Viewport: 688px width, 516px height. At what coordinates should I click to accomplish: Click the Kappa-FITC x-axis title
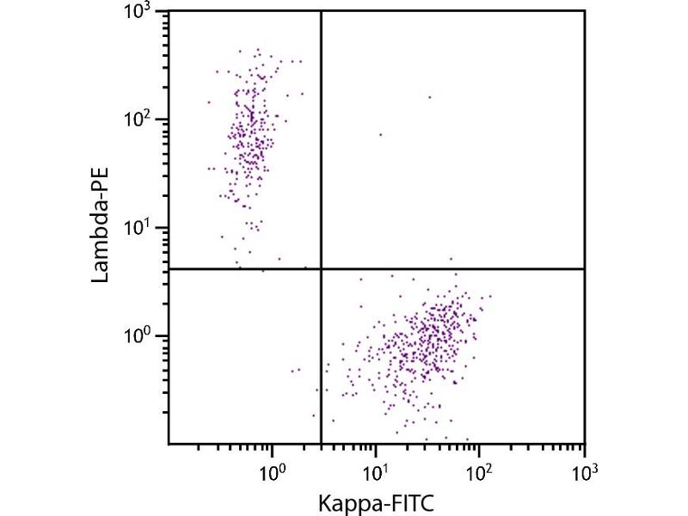point(375,501)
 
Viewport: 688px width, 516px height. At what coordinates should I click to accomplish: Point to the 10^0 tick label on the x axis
point(272,472)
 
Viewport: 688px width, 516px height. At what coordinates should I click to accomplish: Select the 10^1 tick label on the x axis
point(376,472)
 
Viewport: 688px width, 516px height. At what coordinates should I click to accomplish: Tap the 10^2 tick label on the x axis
point(479,472)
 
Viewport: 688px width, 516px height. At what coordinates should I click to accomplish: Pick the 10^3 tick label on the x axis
point(583,472)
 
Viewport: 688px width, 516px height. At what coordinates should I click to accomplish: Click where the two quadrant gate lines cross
point(321,269)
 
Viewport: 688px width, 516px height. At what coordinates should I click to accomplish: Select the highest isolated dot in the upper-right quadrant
point(429,97)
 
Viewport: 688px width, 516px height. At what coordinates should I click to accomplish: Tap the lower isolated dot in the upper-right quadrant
point(380,134)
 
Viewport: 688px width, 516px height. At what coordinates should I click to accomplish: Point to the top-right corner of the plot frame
point(585,11)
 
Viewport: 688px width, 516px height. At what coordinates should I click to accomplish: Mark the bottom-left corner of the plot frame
point(168,444)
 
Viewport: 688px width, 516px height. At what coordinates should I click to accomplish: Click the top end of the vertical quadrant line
point(321,12)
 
